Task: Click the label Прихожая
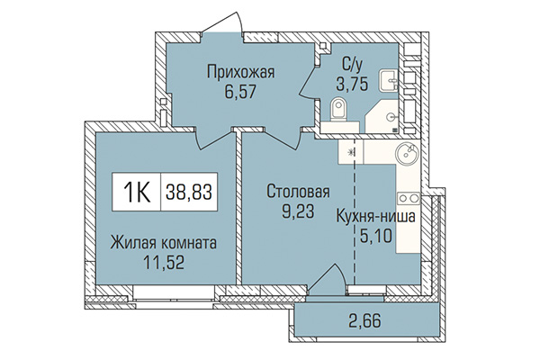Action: point(238,73)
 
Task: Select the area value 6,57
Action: point(238,92)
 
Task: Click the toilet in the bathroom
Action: point(338,112)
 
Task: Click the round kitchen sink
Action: point(406,153)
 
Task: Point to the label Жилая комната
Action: point(163,241)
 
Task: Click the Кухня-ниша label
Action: point(375,218)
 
